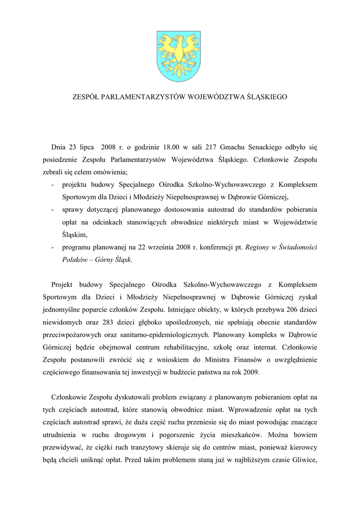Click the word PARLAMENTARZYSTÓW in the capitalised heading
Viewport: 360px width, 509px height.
pyautogui.click(x=139, y=97)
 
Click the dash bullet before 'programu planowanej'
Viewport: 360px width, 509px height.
pyautogui.click(x=53, y=247)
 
